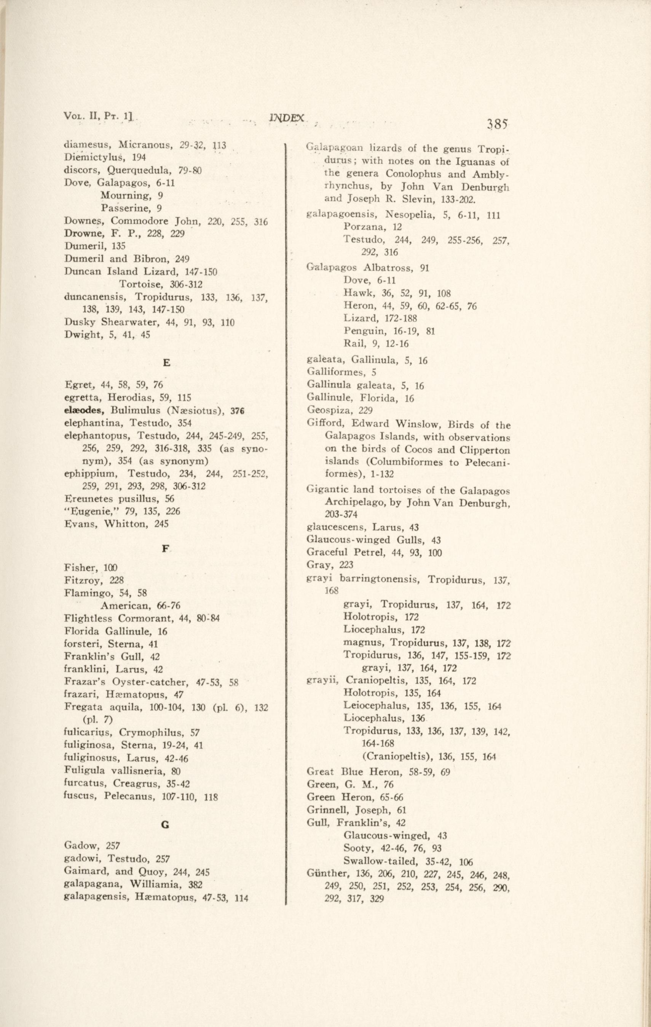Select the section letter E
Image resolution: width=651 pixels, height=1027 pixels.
pos(167,362)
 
